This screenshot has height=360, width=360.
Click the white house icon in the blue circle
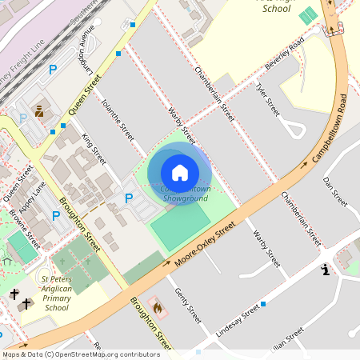click(180, 173)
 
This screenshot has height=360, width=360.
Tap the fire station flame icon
click(157, 306)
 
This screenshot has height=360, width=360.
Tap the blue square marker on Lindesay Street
click(262, 304)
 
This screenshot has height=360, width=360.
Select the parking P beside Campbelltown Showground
click(128, 198)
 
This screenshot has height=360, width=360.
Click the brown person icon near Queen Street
click(38, 108)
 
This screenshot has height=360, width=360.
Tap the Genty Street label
click(187, 305)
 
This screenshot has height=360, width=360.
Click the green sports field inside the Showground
click(180, 226)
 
